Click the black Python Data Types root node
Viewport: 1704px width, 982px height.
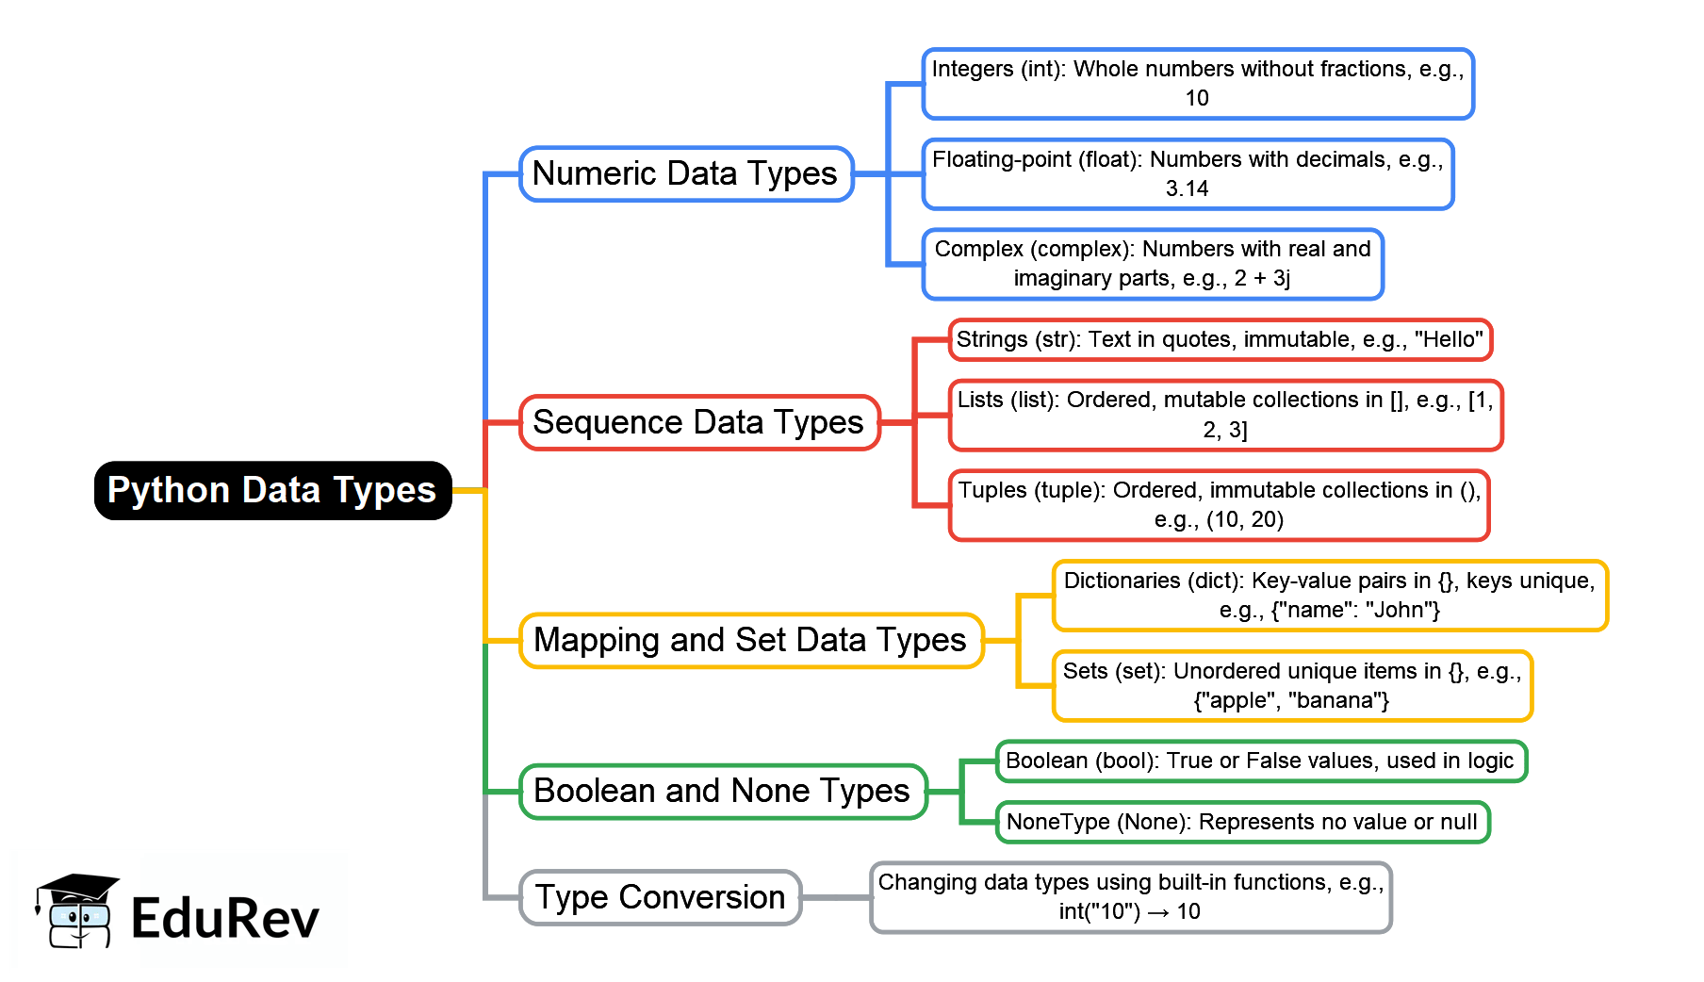tap(272, 490)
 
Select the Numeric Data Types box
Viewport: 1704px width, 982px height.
tap(685, 173)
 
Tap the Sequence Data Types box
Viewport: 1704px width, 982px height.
tap(698, 422)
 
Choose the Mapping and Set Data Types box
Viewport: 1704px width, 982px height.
tap(750, 640)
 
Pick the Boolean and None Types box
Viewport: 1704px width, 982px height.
tap(722, 791)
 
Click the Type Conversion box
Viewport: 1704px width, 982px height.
tap(660, 897)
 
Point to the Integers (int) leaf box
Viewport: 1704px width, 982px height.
tap(1197, 84)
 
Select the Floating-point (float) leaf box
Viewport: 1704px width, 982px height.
tap(1188, 174)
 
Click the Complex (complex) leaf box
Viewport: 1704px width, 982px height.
tap(1152, 264)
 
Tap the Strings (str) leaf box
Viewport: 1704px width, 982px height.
tap(1220, 339)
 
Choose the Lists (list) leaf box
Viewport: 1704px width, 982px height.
tap(1225, 415)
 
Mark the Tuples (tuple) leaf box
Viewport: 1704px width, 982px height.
tap(1219, 505)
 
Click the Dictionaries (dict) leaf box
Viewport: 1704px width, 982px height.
tap(1329, 596)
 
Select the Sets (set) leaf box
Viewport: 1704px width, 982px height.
tap(1291, 685)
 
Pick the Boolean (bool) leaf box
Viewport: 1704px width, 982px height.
tap(1260, 761)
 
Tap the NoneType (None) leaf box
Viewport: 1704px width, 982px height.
tap(1242, 822)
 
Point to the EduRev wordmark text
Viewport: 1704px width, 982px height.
tap(225, 919)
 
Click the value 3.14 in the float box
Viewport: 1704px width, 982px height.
tap(1187, 188)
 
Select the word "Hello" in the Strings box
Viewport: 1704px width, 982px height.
tap(1449, 339)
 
